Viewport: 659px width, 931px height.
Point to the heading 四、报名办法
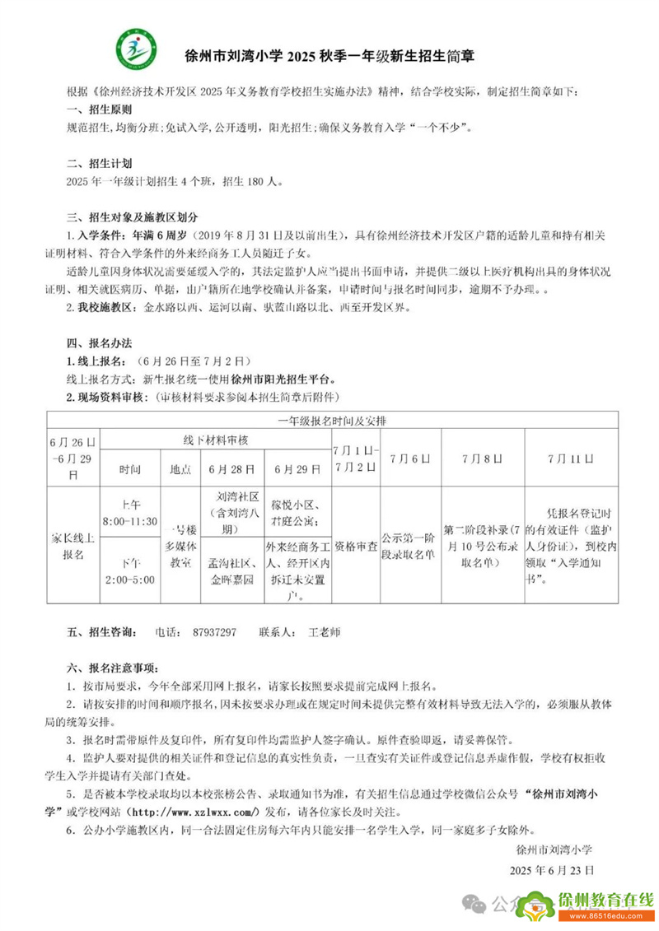tap(98, 342)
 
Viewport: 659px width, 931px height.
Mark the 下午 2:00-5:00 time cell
tap(129, 570)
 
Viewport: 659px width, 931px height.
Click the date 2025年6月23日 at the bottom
tap(551, 869)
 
